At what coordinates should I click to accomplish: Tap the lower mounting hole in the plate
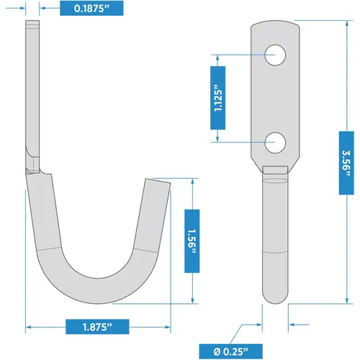point(274,143)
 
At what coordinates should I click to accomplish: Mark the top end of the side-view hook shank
point(30,25)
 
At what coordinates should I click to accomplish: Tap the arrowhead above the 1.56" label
point(192,183)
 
